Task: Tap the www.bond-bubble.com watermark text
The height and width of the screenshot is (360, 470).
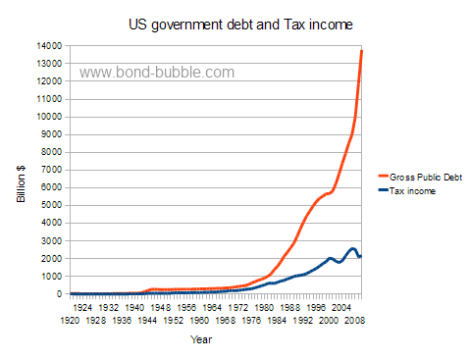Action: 157,73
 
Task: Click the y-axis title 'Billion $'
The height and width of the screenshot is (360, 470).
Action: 22,182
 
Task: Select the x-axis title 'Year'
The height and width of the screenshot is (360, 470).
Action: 200,339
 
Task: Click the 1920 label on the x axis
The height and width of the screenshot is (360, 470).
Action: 70,320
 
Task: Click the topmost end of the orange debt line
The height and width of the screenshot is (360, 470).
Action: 362,50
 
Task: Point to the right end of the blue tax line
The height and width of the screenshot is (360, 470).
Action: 362,256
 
